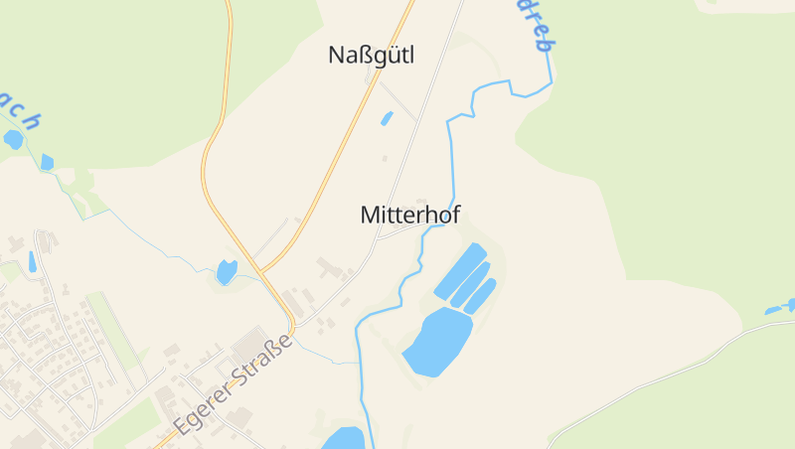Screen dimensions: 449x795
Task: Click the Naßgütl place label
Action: (x=371, y=56)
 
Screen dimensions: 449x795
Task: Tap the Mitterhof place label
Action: (x=410, y=215)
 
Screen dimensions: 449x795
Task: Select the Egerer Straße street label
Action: (x=234, y=387)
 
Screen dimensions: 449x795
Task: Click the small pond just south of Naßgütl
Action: (x=386, y=119)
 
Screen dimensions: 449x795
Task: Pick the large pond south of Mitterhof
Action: (x=437, y=341)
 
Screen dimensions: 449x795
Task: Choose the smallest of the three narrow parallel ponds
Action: (x=481, y=295)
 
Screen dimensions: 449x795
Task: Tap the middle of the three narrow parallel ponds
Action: (x=470, y=284)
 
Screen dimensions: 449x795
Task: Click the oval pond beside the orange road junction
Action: (x=227, y=269)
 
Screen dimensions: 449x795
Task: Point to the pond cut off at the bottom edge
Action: (x=344, y=438)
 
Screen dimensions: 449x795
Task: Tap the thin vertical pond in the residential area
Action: (x=33, y=262)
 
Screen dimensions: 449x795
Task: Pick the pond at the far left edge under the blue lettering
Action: (x=12, y=139)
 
